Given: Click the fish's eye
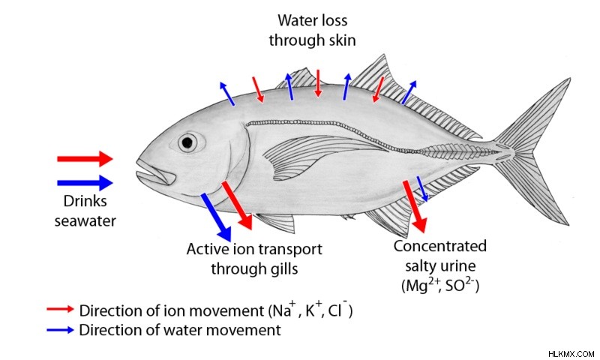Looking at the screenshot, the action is (x=187, y=142).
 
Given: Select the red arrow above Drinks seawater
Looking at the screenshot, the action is (x=85, y=159).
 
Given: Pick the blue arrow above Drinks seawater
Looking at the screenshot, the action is (x=85, y=182).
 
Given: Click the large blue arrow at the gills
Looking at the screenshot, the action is (x=216, y=217).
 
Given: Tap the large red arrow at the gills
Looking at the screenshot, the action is (x=237, y=205).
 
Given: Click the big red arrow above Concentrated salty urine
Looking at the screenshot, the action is (x=415, y=206).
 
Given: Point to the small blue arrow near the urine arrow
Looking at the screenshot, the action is (x=422, y=188).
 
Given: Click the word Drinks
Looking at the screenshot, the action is (x=85, y=201).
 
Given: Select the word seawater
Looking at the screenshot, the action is (x=85, y=221).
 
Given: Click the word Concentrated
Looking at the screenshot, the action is (x=440, y=246).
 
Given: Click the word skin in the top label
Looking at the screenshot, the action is (x=339, y=40).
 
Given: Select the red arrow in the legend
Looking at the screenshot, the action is (x=60, y=309).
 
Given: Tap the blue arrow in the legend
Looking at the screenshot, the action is (x=60, y=330).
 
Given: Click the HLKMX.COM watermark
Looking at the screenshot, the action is (x=571, y=354).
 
